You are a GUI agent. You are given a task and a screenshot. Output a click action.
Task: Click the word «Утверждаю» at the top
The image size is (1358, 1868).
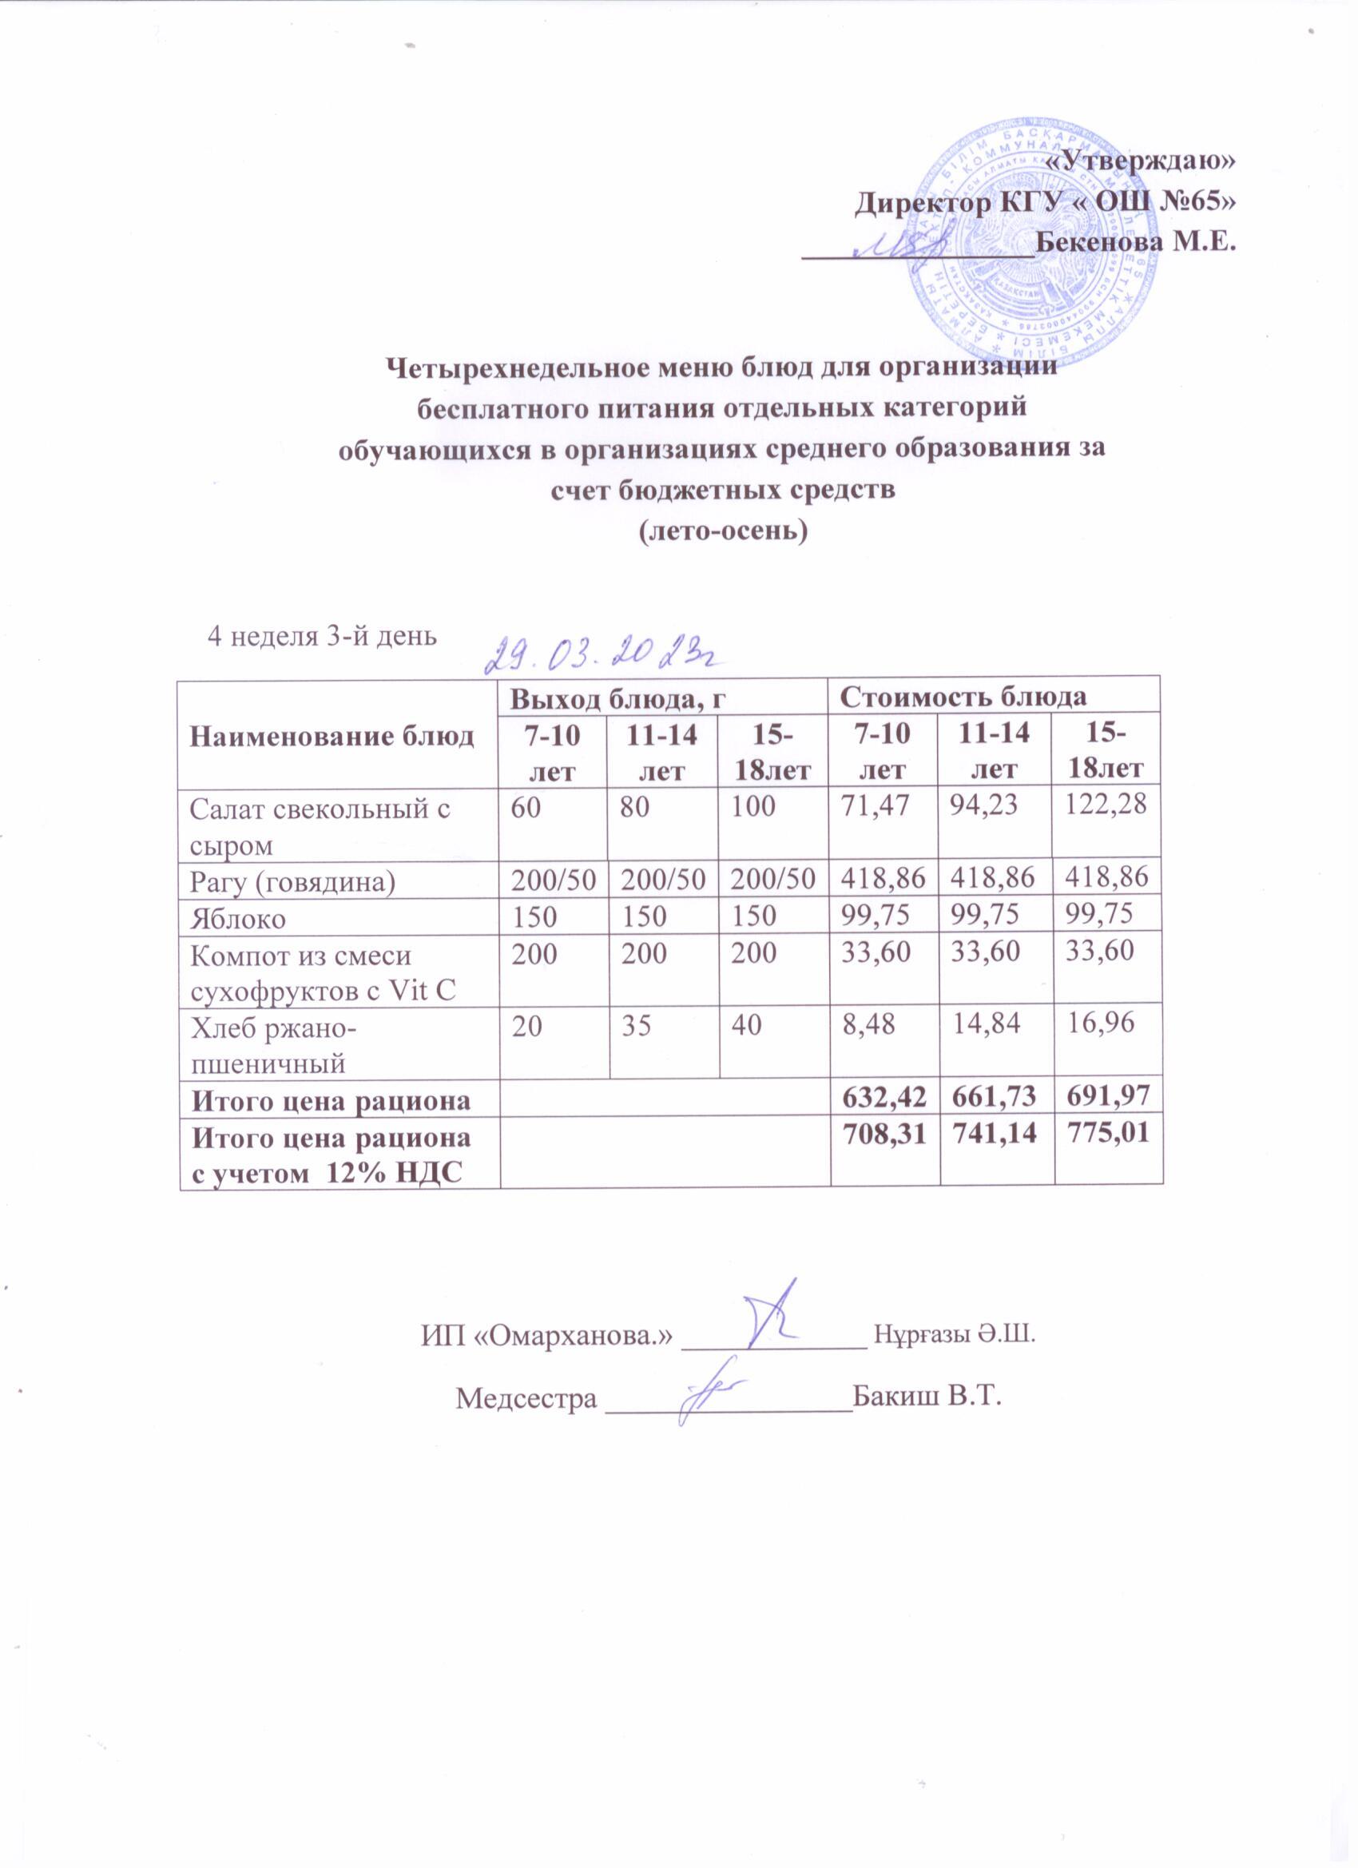(x=1139, y=161)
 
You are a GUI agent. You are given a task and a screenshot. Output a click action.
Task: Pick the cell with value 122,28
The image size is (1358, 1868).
(x=1107, y=807)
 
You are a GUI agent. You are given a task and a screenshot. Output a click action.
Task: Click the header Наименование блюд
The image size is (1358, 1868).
(x=332, y=736)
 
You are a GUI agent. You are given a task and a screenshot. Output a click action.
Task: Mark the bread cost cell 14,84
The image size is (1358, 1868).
(x=986, y=1023)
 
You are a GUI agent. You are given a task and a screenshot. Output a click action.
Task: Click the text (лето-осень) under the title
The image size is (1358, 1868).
(x=724, y=531)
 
